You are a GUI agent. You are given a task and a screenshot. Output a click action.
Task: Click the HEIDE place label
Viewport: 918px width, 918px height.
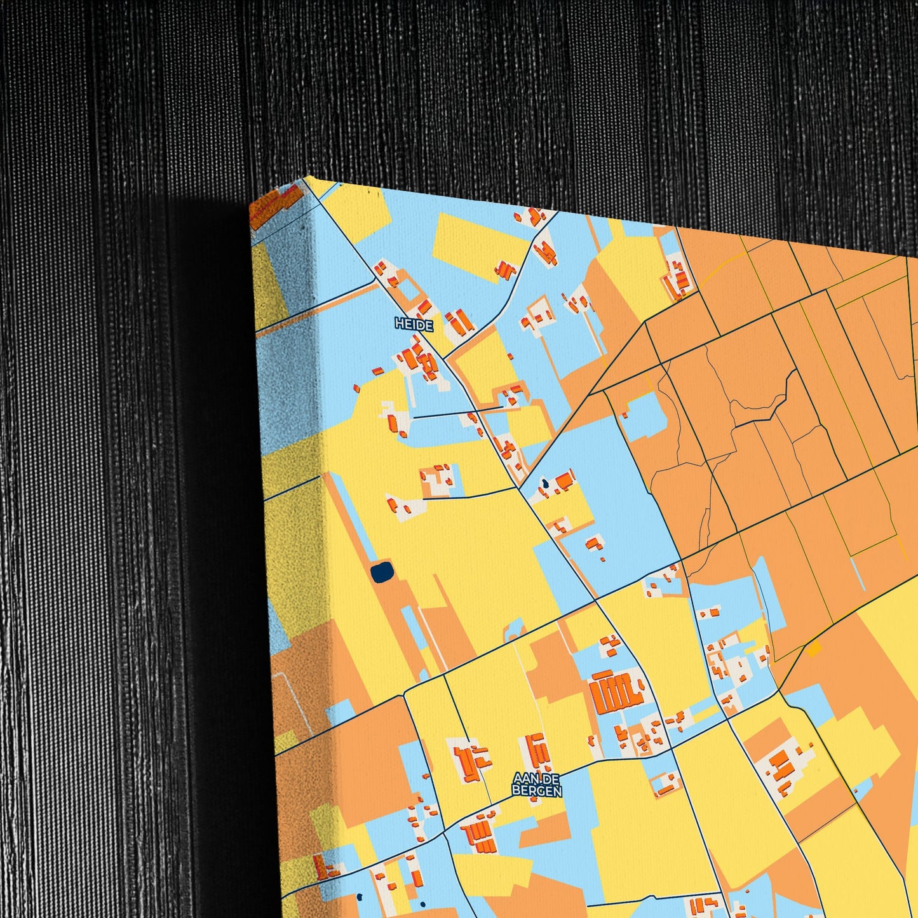tap(414, 325)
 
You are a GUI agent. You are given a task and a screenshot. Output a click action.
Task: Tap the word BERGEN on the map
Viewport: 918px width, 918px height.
tap(537, 792)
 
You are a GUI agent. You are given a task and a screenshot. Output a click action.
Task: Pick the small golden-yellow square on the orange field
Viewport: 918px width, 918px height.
tap(813, 649)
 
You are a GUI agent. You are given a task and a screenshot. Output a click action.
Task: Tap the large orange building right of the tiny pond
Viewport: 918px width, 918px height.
tap(564, 481)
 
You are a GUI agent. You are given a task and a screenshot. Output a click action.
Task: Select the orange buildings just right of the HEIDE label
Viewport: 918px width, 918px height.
tap(459, 321)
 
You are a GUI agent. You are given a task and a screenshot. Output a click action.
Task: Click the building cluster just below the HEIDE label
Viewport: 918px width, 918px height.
tap(419, 362)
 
